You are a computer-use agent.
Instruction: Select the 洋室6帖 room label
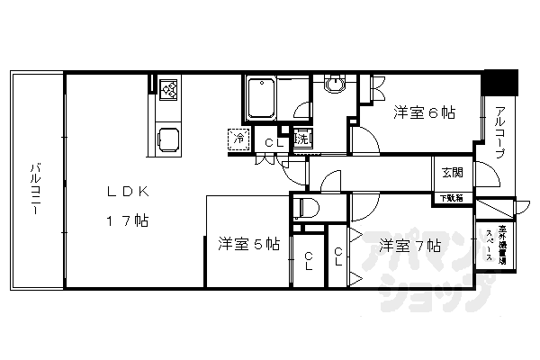(x=423, y=113)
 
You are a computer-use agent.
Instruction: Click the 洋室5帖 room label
(x=247, y=244)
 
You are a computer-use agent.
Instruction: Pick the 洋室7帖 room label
(x=409, y=244)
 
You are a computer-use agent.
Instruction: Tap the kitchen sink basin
(x=169, y=139)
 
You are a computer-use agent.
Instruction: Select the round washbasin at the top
(x=335, y=86)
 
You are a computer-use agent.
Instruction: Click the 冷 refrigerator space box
(x=239, y=139)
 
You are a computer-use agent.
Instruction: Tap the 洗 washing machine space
(x=303, y=139)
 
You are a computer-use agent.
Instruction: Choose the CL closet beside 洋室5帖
(x=309, y=261)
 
